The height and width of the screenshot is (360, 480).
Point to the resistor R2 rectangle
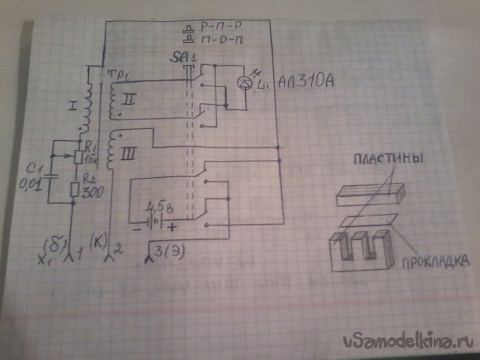pos(75,190)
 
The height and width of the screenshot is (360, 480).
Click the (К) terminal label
pos(97,240)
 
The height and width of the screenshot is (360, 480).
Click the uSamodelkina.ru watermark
pos(408,340)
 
